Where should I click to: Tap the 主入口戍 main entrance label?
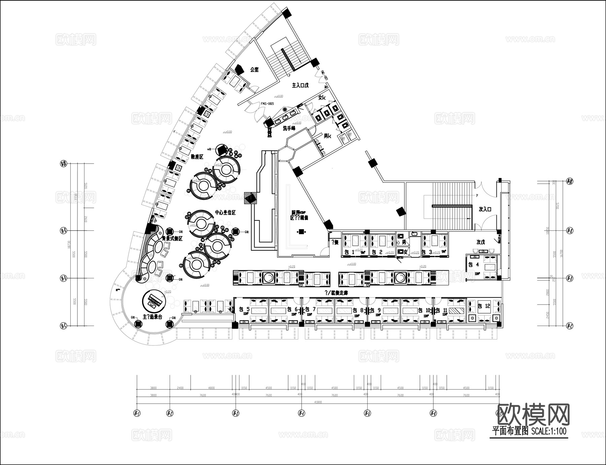pos(300,85)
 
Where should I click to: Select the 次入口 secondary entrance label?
pos(485,209)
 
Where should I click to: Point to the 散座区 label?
pos(197,156)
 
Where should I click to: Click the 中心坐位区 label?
pos(225,213)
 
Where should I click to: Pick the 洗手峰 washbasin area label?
pos(289,128)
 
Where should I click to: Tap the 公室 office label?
pos(254,70)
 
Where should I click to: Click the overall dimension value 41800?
pos(317,402)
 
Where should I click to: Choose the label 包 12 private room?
pos(484,306)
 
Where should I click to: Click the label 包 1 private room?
pos(349,252)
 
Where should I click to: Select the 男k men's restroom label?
pos(328,136)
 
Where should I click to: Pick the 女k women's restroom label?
pos(322,98)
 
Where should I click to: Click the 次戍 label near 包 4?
pos(480,242)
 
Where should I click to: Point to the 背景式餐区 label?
pos(172,239)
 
